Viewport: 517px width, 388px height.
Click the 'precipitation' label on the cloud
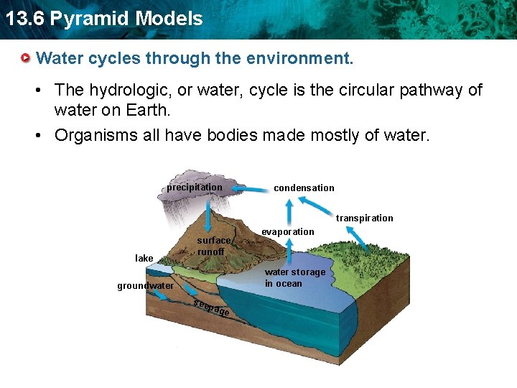(195, 188)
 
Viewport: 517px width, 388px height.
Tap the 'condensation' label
(304, 188)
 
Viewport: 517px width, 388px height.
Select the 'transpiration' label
(365, 218)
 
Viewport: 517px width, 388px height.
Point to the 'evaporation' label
(288, 231)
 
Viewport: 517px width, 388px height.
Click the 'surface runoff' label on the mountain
(213, 246)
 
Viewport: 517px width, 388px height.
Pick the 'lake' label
(144, 258)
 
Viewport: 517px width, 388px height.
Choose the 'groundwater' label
(146, 286)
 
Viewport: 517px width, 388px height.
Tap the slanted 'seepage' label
(212, 307)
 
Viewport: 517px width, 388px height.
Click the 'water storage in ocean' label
(294, 277)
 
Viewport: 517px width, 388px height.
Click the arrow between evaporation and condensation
(289, 212)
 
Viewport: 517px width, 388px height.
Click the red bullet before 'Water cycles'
(27, 57)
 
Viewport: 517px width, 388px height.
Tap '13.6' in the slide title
(23, 19)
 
